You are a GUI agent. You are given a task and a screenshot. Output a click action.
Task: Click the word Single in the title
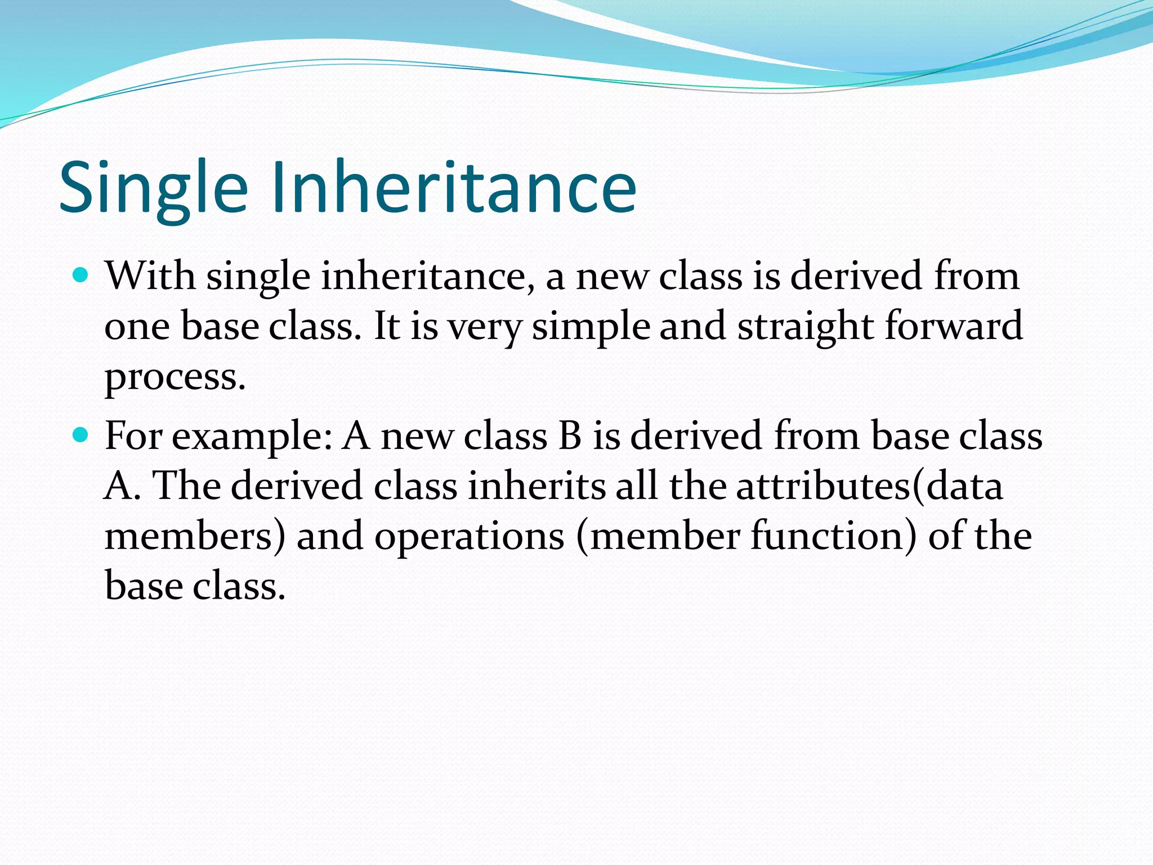153,189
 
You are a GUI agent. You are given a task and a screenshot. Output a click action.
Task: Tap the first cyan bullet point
82,276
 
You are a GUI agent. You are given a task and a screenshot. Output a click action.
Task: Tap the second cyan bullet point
82,435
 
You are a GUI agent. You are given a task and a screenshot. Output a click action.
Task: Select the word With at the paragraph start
150,277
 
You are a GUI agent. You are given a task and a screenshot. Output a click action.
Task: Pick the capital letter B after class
570,436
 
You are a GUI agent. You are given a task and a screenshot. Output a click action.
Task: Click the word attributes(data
869,486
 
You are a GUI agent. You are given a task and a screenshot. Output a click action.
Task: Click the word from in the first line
976,277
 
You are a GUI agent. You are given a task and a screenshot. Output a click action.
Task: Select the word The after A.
186,486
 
